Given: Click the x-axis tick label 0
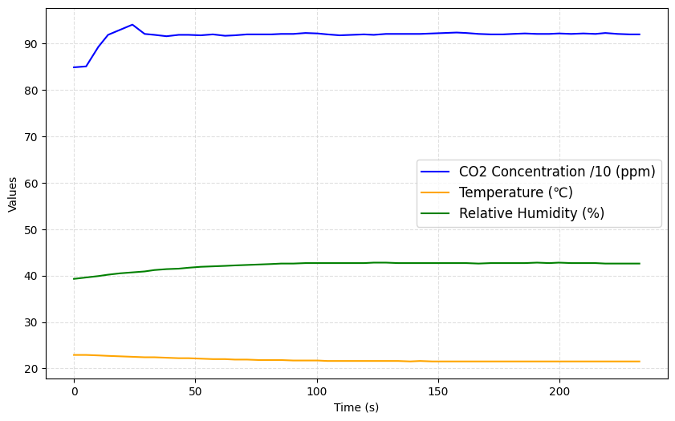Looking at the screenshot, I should point(74,392).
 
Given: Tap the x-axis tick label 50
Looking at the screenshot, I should point(195,392).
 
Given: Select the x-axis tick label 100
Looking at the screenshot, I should point(316,392).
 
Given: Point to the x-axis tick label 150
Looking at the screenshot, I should point(438,392).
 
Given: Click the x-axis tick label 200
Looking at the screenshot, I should point(559,392).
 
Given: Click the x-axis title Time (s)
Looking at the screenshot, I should point(356,407).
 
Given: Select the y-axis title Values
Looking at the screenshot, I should point(13,194).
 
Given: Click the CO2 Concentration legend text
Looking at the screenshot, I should point(557,172).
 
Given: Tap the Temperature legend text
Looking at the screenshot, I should point(515,192).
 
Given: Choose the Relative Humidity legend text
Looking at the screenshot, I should point(531,213).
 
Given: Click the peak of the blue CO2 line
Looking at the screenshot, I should point(132,25).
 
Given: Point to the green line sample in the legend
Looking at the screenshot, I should point(437,213).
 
